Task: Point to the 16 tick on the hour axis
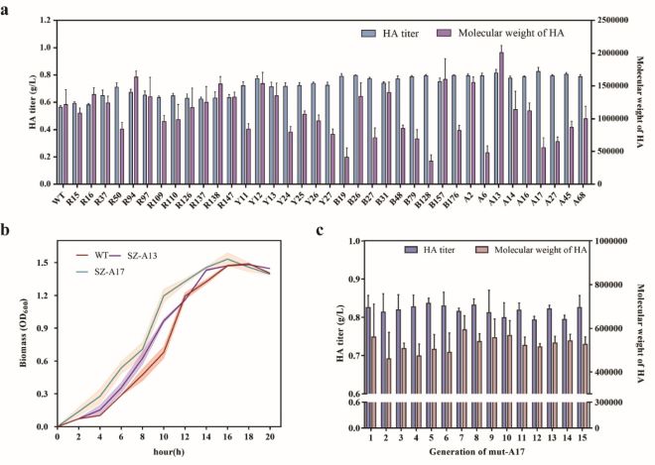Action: tap(228, 437)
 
